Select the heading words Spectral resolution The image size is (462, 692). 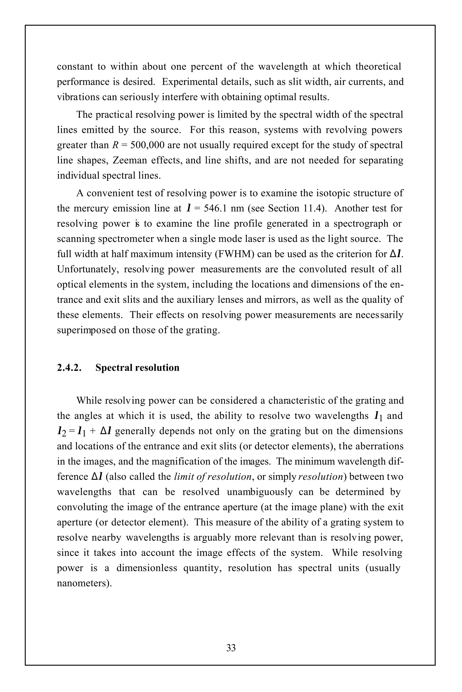click(x=137, y=368)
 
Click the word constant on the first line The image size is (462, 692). click(x=75, y=67)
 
